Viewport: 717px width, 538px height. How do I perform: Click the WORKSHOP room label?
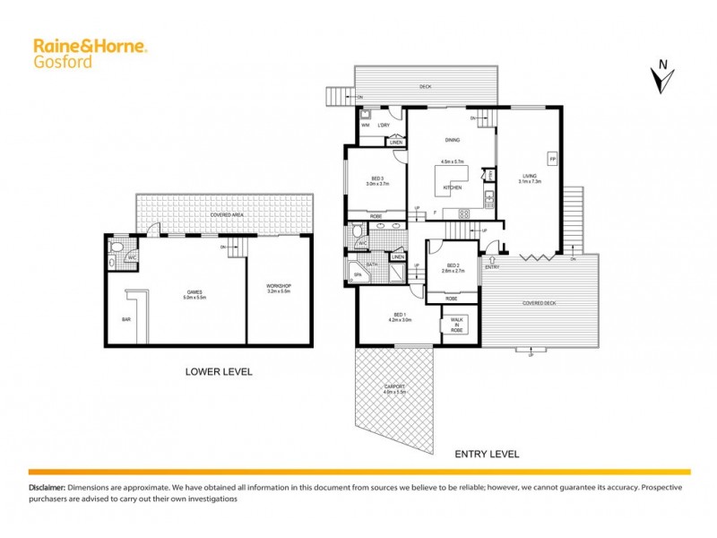(280, 286)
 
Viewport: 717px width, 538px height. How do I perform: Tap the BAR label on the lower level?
(125, 318)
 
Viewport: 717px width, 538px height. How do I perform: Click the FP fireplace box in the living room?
(552, 158)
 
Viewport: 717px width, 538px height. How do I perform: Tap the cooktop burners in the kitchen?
(464, 213)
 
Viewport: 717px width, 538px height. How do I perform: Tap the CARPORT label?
(395, 387)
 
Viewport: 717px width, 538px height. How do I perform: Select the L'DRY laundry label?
(383, 125)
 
